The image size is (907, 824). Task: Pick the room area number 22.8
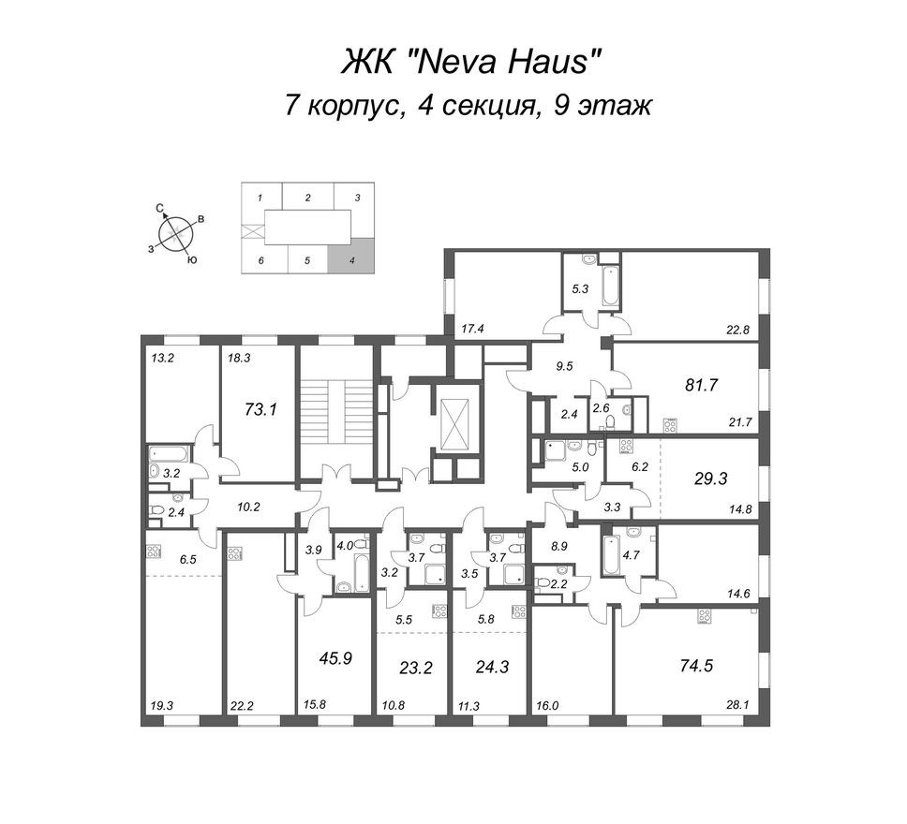pos(740,328)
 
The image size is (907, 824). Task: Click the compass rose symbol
pos(173,232)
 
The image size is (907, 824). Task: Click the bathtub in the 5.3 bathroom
pos(610,285)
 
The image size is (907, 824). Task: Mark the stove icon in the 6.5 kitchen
pos(154,552)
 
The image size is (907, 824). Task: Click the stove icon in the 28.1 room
pos(705,616)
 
